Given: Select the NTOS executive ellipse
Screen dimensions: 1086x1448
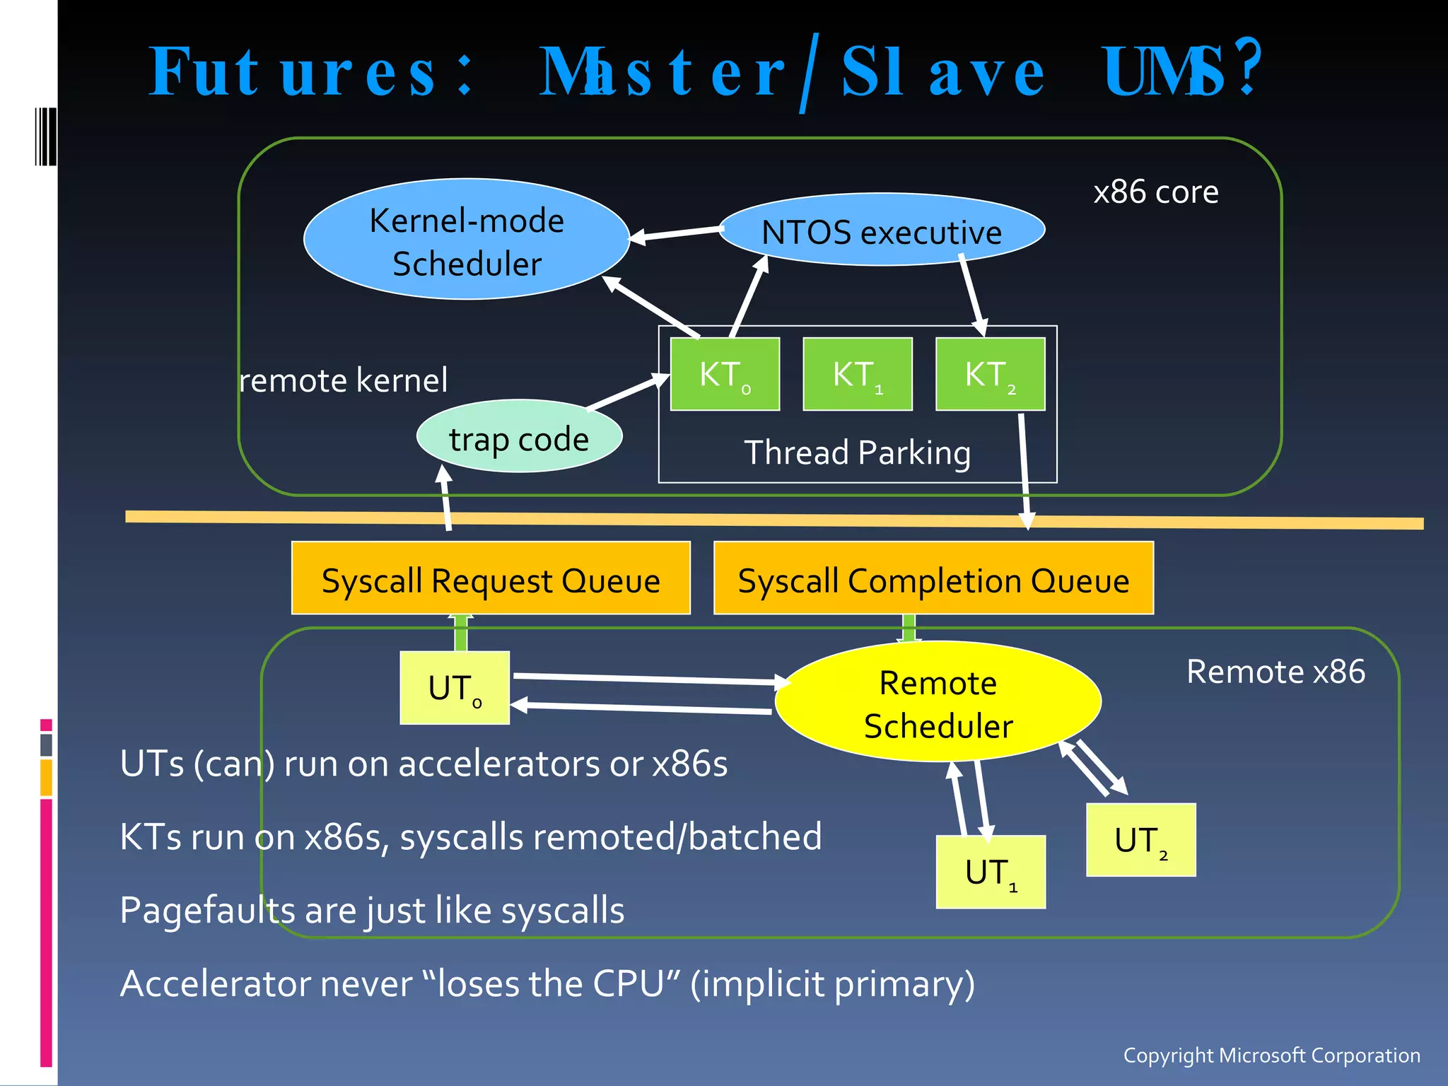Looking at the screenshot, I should pos(882,230).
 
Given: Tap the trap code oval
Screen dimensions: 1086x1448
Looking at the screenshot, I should pos(519,438).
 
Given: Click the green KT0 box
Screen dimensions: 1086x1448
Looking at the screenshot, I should pos(725,373).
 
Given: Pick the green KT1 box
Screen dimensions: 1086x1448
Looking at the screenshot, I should pos(857,373).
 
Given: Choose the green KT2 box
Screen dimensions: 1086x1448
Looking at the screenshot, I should pos(990,373).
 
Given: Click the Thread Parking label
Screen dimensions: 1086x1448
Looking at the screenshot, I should pos(857,452).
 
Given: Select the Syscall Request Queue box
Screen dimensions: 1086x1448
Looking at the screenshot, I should pos(491,578).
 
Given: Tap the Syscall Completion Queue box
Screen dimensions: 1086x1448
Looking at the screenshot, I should pos(933,578).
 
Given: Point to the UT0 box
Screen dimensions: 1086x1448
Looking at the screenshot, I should pos(455,687).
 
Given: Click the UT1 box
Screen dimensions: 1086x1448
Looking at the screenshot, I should pos(990,872).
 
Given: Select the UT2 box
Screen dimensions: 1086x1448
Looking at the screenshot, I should pos(1140,839).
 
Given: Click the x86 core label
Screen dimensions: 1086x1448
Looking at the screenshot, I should pos(1155,192).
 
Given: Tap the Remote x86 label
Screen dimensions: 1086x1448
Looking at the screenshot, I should pos(1275,672).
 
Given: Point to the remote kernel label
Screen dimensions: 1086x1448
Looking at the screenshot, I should pos(344,380).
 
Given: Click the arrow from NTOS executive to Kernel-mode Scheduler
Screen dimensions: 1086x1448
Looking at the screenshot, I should pos(675,233).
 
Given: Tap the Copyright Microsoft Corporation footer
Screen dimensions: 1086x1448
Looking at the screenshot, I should pos(1271,1055).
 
